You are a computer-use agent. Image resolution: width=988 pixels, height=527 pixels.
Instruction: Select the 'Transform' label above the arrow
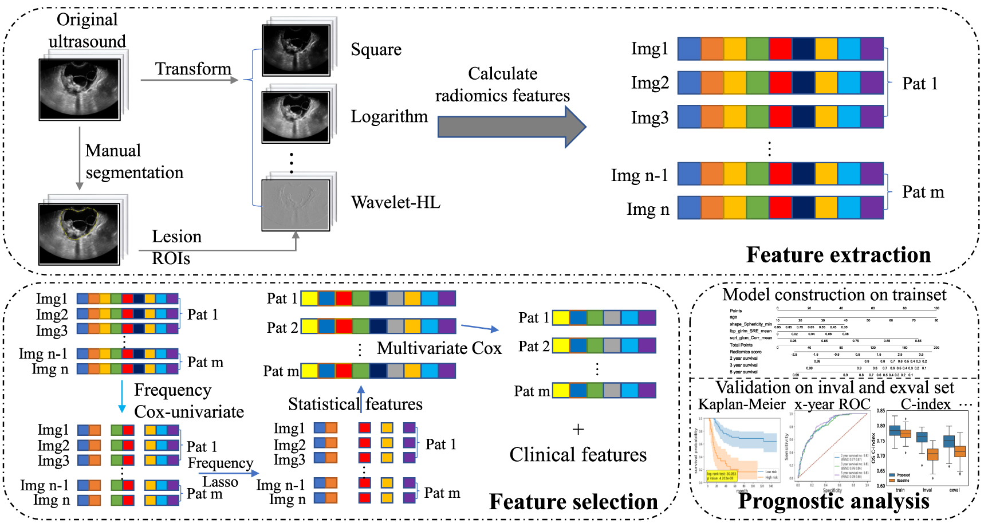click(193, 69)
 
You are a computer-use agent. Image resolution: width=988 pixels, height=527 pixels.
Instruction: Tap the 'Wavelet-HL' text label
click(395, 202)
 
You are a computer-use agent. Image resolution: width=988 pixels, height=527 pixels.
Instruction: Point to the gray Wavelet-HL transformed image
click(296, 205)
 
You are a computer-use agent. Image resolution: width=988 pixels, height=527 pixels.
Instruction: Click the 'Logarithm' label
click(389, 116)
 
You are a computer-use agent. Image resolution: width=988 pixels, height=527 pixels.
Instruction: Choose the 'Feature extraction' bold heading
click(838, 255)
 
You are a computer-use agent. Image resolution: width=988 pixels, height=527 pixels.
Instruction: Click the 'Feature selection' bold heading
click(573, 502)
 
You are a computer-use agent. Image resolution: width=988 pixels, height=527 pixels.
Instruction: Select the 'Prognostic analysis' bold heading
click(833, 501)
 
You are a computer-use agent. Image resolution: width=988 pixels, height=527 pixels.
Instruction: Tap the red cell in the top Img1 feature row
click(781, 49)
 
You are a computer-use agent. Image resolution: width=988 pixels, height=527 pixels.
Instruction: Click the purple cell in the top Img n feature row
click(872, 207)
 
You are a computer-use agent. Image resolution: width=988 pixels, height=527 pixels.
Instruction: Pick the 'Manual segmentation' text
click(134, 162)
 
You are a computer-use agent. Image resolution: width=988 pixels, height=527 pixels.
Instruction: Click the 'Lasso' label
click(221, 482)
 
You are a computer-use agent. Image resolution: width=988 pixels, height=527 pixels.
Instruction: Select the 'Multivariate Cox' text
click(439, 348)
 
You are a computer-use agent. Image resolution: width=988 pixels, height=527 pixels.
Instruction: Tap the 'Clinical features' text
click(578, 455)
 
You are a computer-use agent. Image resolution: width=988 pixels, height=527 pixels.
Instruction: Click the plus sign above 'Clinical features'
click(578, 429)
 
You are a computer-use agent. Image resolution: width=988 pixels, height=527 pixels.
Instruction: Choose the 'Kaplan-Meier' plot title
click(742, 404)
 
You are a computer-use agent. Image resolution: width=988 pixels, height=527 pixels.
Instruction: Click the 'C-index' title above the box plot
click(925, 404)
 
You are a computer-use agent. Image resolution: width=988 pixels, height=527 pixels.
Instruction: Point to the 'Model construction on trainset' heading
click(834, 294)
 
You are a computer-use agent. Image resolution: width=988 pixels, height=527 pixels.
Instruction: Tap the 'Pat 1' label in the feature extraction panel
click(920, 84)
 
